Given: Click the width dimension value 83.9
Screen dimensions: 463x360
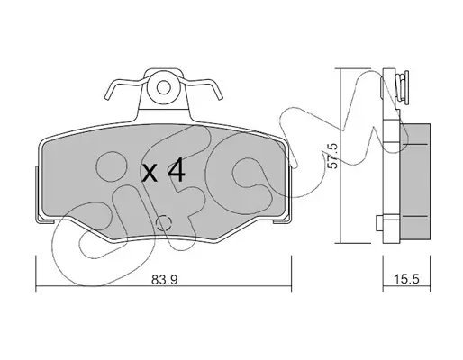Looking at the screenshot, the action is click(x=165, y=280).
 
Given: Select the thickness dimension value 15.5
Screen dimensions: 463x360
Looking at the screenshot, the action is click(x=405, y=280).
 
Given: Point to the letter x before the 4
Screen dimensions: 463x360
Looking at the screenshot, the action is click(x=150, y=174).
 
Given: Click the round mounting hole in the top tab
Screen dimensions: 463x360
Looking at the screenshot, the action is click(x=164, y=88).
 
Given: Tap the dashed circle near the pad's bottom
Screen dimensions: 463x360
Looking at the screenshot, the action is click(x=164, y=223).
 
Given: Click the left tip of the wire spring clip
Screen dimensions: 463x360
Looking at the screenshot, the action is click(x=106, y=97).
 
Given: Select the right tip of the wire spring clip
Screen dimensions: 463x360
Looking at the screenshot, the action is click(x=221, y=97).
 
